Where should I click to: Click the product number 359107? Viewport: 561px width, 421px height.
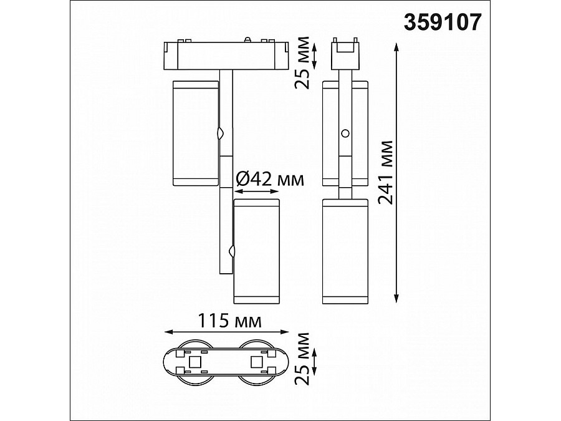(443, 22)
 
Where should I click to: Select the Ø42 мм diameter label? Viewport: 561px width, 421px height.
(271, 180)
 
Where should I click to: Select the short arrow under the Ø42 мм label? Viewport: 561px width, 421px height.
(256, 192)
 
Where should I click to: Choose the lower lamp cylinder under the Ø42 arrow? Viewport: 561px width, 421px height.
(256, 251)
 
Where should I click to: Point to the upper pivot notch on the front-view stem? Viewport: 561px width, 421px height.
(220, 133)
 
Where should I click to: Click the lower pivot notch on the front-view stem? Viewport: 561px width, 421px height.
(232, 251)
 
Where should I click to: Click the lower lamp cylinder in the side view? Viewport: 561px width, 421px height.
(346, 251)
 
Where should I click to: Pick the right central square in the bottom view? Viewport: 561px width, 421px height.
(256, 362)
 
